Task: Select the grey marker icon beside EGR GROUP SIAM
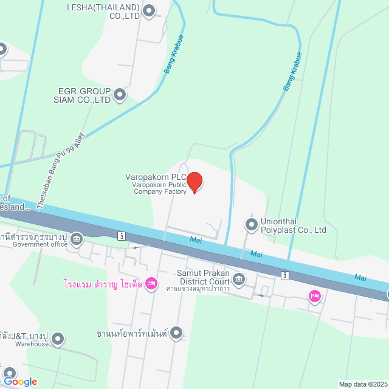point(120,94)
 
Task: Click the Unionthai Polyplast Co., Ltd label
point(294,226)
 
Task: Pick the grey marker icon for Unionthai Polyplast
point(250,225)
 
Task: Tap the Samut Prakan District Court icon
point(239,280)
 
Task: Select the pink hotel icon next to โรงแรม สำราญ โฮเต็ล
point(151,283)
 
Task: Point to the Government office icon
point(77,239)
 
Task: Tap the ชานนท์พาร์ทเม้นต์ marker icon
point(176,332)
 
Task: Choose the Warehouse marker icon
point(58,338)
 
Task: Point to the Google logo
point(19,382)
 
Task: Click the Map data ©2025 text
point(362,384)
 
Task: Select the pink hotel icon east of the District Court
point(314,296)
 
